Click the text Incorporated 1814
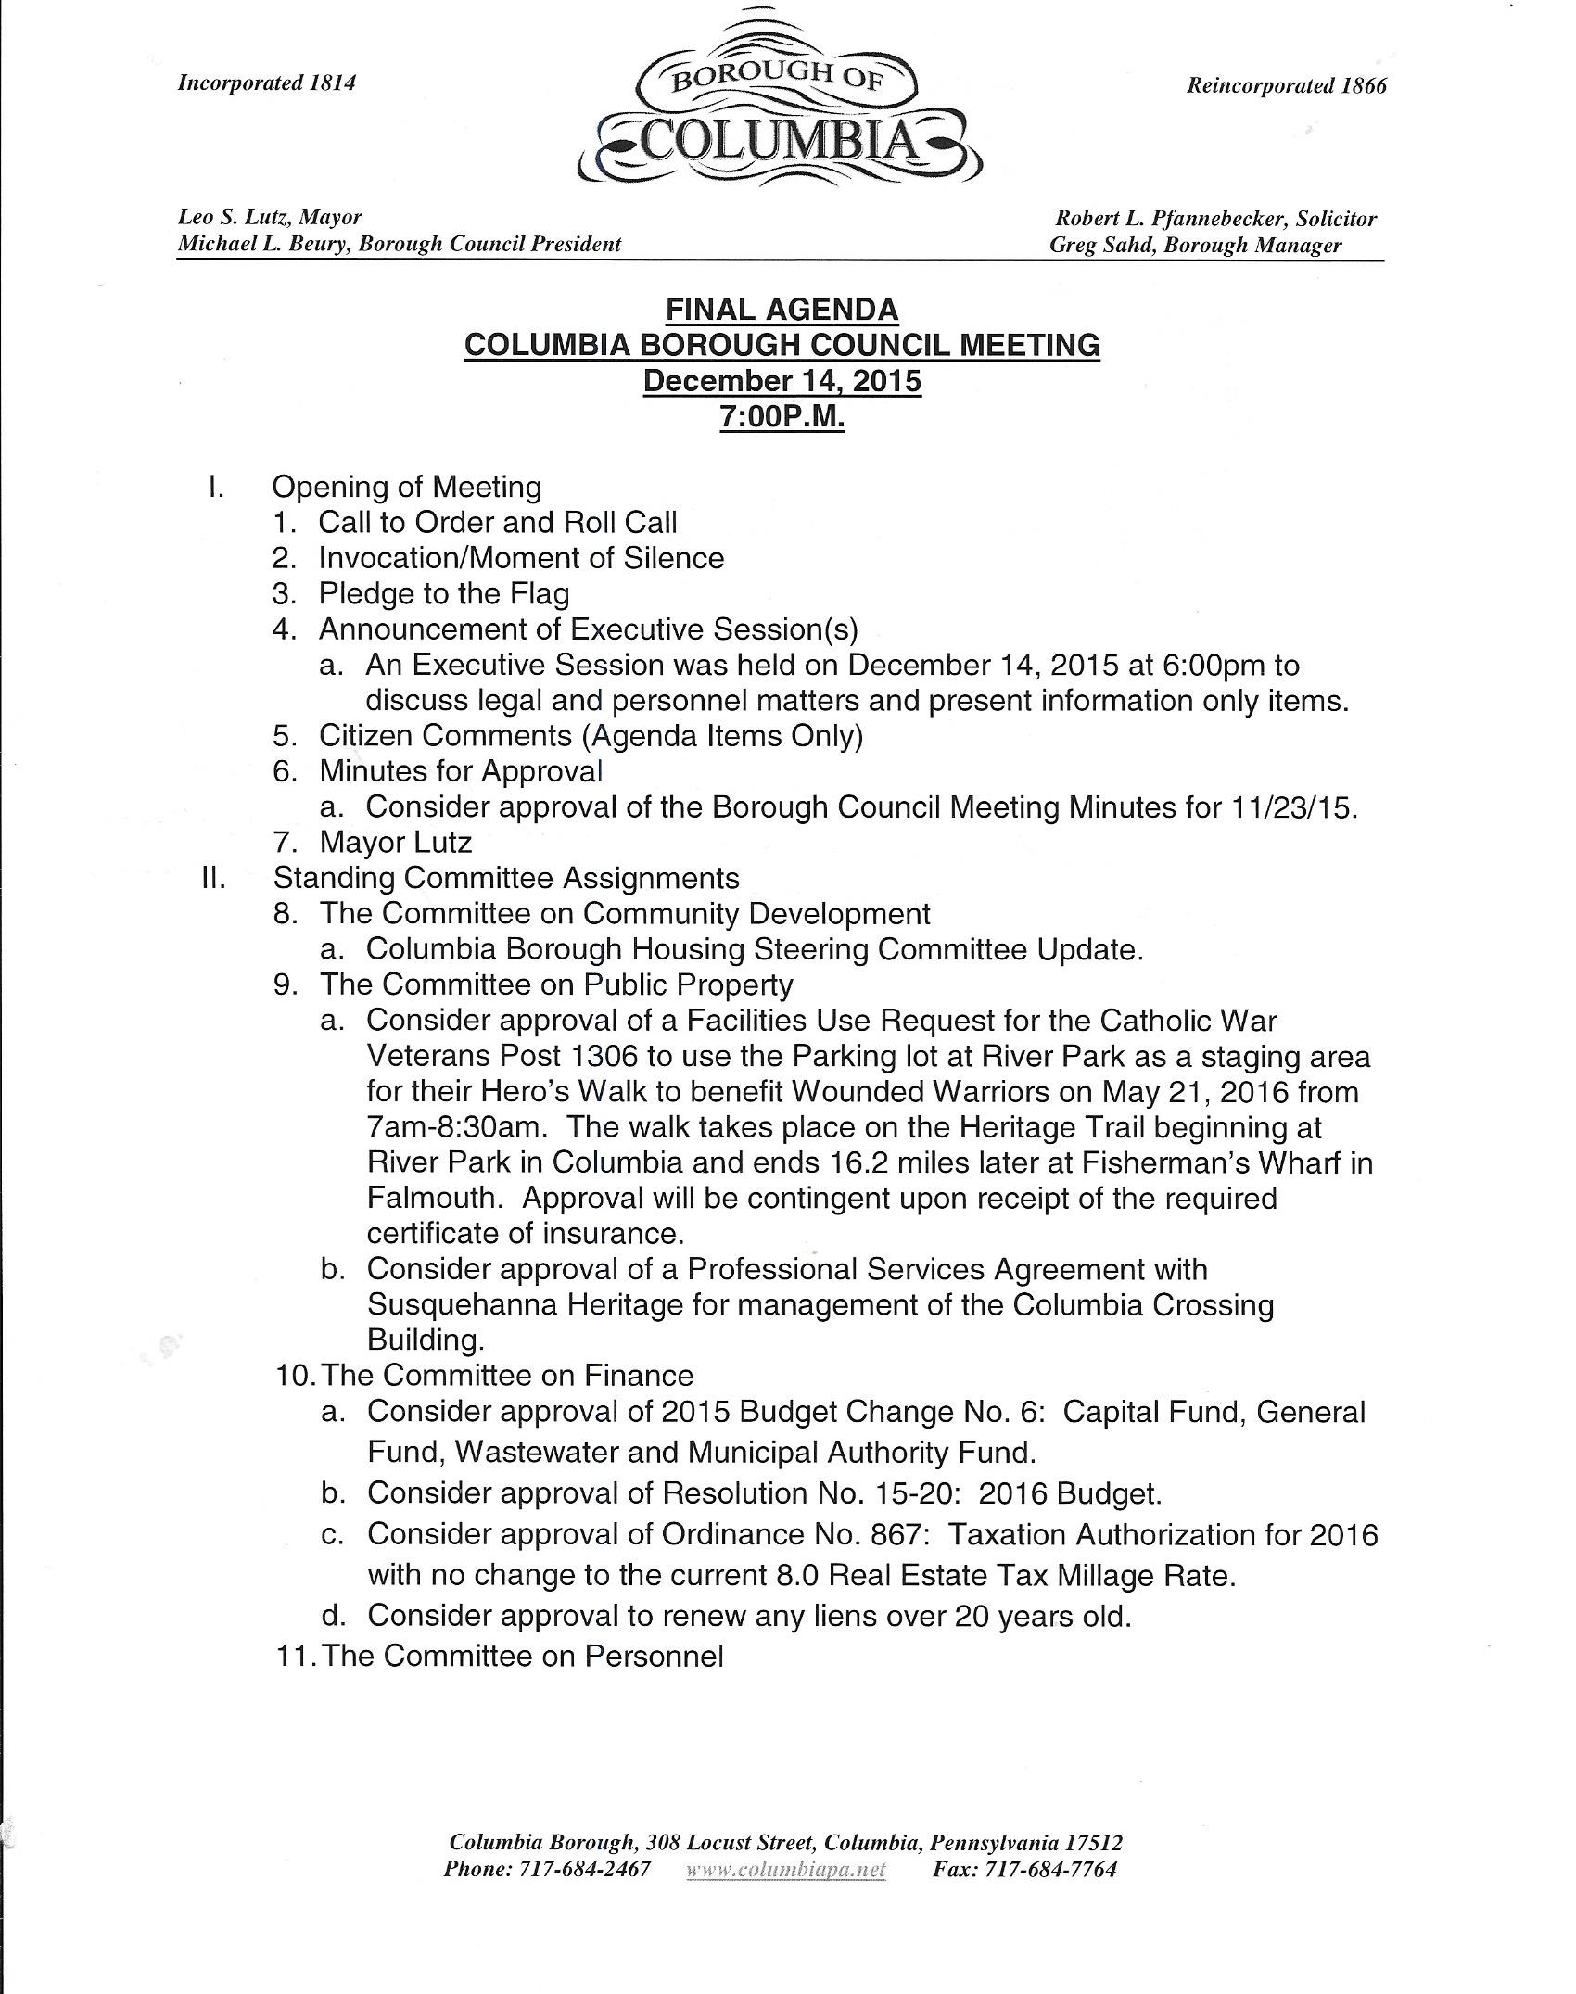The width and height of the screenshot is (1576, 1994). coord(267,83)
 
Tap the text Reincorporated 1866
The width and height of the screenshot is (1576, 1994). coord(1287,85)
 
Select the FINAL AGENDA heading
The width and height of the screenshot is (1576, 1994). coord(782,309)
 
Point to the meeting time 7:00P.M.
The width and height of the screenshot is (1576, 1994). coord(782,417)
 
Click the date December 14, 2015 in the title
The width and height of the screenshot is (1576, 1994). coord(782,381)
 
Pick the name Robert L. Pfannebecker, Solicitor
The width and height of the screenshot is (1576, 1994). coord(1215,219)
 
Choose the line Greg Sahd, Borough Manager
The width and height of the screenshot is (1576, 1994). coord(1195,245)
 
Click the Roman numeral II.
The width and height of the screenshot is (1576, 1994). coord(214,877)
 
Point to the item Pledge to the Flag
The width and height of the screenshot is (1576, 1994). coord(444,593)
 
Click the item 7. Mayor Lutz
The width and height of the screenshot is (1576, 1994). coord(395,842)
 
